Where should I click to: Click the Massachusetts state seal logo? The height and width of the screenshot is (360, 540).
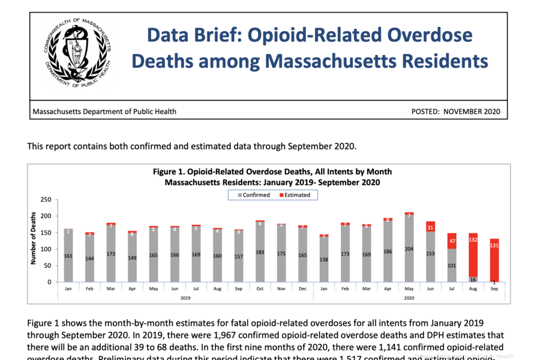click(77, 53)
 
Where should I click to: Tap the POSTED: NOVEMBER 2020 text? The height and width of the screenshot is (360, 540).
click(455, 112)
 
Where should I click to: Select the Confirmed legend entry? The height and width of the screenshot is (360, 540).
click(253, 195)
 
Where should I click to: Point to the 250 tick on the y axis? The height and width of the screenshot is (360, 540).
click(46, 200)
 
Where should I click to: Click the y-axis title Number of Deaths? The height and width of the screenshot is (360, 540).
click(34, 238)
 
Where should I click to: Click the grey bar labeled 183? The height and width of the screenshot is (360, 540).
click(260, 252)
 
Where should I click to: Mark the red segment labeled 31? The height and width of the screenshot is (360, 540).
click(430, 227)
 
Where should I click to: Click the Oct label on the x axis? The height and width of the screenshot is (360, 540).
click(260, 289)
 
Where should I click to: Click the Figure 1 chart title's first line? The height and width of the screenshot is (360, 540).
click(272, 172)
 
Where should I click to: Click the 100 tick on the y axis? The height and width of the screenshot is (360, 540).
click(46, 249)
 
